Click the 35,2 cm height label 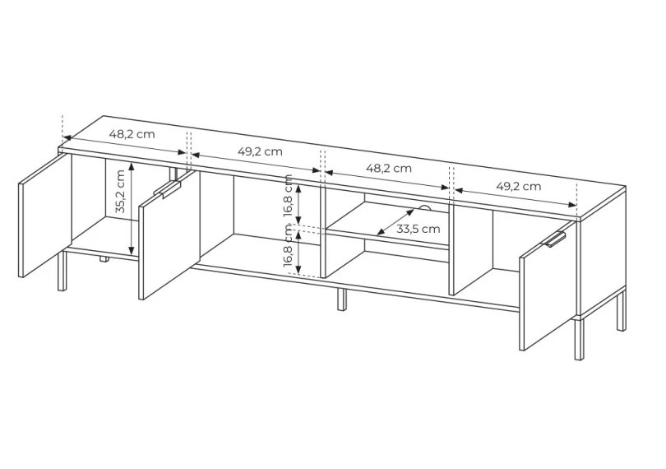120,192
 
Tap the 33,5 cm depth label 418,229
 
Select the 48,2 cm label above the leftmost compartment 132,134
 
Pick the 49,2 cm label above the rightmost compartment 519,186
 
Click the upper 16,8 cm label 289,195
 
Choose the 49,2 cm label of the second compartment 260,151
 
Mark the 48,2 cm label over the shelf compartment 389,168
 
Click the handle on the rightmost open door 555,239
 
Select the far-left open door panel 45,216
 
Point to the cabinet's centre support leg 342,300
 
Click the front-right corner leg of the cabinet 579,339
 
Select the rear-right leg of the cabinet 621,309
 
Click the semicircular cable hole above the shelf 424,208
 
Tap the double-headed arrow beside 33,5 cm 395,221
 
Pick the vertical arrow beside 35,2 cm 132,208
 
